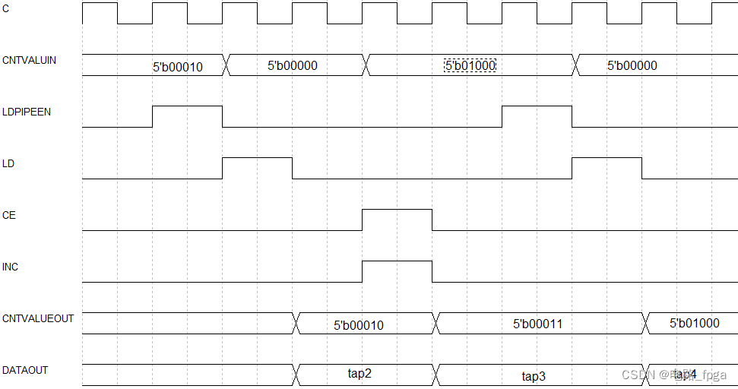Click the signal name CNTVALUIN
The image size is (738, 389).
coord(29,59)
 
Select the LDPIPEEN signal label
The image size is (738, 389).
coord(27,111)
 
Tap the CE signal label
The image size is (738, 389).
coord(9,215)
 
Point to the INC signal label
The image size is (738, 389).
coord(11,267)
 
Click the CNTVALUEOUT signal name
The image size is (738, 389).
coord(38,318)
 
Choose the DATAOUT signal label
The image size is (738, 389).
coord(25,370)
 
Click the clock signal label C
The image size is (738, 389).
coord(7,8)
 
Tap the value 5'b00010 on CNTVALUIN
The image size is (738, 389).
coord(177,67)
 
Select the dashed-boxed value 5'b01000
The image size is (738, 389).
coord(470,66)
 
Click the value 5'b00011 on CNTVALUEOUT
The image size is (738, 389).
coord(537,324)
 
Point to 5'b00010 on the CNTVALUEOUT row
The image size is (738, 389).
coord(358,325)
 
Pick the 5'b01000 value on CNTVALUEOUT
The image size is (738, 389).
coord(694,323)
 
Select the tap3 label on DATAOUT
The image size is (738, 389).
coord(534,376)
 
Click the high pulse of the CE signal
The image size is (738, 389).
coord(397,219)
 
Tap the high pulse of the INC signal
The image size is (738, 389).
coord(397,270)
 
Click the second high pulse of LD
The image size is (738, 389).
coord(607,167)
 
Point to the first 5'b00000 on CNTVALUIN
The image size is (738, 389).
coord(292,66)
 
